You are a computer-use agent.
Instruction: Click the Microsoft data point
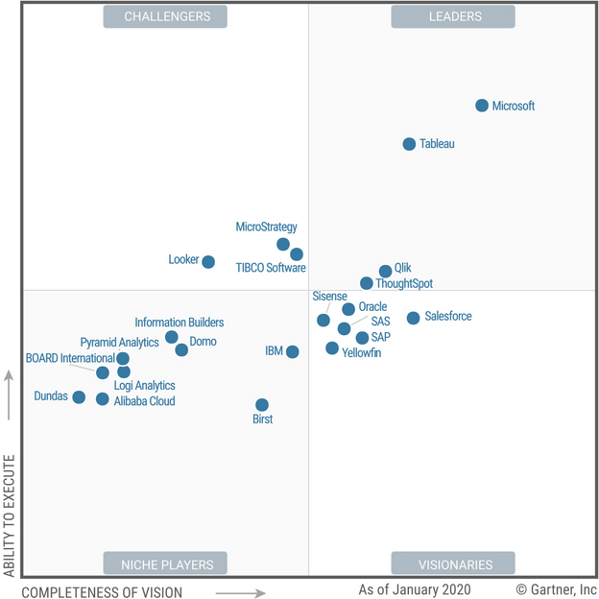tap(482, 106)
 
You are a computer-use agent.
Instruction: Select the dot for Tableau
tap(409, 144)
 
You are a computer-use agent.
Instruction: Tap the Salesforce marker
tap(413, 318)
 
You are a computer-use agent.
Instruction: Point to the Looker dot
tap(208, 262)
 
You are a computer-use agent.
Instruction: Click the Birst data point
tap(262, 405)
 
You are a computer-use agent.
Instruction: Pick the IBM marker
tap(293, 352)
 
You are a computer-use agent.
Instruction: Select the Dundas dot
tap(79, 397)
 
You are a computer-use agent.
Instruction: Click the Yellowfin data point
tap(332, 348)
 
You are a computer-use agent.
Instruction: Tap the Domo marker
tap(181, 349)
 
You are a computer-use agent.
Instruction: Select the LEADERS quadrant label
tap(453, 16)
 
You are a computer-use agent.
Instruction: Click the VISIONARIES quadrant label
tap(453, 563)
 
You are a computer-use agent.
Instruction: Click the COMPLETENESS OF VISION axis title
tap(102, 591)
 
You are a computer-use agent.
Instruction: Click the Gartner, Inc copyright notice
tap(556, 588)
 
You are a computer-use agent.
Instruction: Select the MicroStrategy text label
tap(267, 228)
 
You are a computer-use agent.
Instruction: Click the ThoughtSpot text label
tap(404, 284)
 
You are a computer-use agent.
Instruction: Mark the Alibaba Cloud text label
tap(145, 401)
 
